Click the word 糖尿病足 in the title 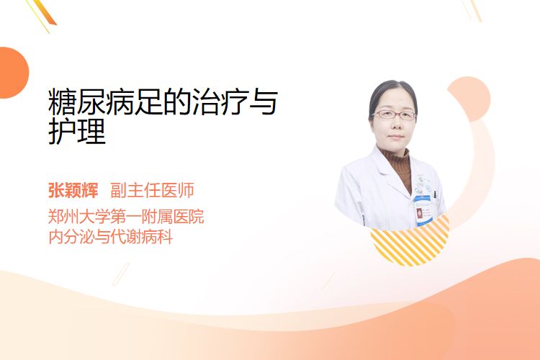[x=106, y=102]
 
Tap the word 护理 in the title [x=77, y=131]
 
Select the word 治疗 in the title [x=220, y=102]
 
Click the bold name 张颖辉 [x=73, y=190]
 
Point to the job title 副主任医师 [x=152, y=190]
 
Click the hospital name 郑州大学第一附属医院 [x=126, y=217]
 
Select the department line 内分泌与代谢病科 [x=111, y=237]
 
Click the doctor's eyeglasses [x=394, y=114]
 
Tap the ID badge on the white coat [x=423, y=210]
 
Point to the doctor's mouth [x=395, y=137]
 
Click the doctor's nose [x=395, y=125]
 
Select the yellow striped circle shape [x=410, y=243]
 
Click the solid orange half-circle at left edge [x=13, y=73]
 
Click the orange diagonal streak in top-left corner [x=45, y=12]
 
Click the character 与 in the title [x=264, y=102]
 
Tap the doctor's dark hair [x=392, y=93]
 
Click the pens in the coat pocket [x=435, y=194]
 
